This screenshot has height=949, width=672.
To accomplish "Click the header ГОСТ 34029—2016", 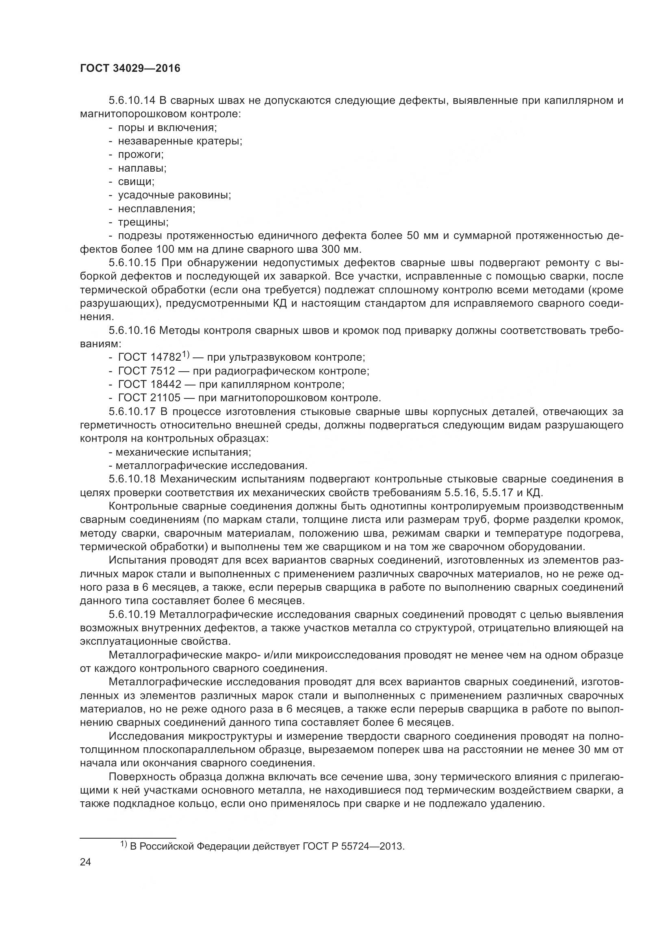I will (130, 69).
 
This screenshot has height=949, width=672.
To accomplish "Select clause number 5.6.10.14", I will (132, 101).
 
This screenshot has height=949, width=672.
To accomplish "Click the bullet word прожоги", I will (141, 155).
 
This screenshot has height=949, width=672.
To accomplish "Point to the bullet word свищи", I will (136, 182).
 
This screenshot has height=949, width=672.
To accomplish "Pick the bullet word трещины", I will (143, 222).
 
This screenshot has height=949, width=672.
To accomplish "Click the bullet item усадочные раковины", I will (174, 195).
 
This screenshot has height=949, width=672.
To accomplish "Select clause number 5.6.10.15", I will (132, 263).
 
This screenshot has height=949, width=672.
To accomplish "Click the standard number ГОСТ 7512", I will (147, 371).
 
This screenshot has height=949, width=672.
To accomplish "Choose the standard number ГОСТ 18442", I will (150, 384).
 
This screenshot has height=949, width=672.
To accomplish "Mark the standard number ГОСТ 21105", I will (150, 398).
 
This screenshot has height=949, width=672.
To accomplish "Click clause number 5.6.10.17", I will (132, 412).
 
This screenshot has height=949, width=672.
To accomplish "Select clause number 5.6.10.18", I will (132, 479).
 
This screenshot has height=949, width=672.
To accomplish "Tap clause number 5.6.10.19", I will (132, 615).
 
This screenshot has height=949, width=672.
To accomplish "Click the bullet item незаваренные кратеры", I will (180, 141).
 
